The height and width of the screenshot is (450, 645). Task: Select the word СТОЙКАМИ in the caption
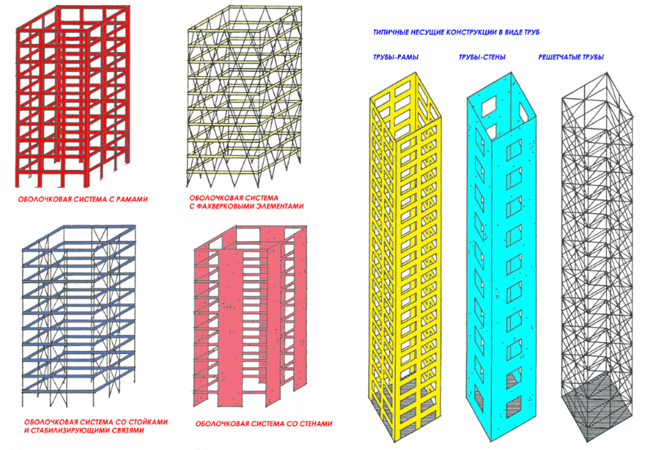tap(148, 422)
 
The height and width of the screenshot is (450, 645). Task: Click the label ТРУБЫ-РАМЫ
tap(395, 58)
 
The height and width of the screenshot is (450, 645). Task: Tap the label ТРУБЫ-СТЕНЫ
tap(482, 58)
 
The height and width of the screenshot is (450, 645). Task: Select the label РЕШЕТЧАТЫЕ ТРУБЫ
tap(571, 58)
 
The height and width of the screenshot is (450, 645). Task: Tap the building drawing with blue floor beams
tap(79, 315)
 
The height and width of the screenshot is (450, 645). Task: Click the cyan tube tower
tap(502, 255)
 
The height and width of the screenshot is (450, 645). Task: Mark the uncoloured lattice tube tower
tap(597, 255)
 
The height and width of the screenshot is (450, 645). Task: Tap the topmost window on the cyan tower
tap(489, 107)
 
